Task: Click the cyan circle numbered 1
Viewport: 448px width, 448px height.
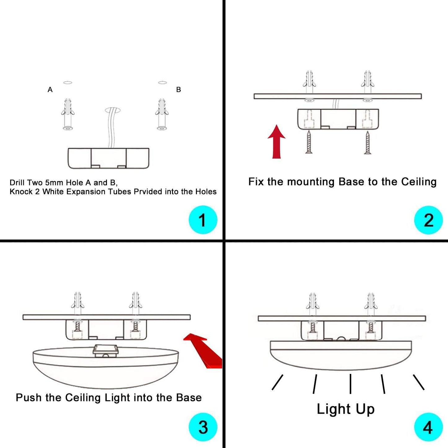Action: coord(203,220)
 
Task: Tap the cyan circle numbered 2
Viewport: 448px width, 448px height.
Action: coord(428,220)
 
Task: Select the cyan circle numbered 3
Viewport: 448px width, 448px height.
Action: coord(203,427)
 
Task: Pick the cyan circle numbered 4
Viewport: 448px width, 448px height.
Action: coord(428,427)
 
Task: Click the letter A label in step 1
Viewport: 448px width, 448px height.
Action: coord(50,90)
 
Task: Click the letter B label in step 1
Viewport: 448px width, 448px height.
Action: coord(179,90)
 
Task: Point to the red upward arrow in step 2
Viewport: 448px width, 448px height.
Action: coord(277,142)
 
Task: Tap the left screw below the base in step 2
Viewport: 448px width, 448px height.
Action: coord(309,142)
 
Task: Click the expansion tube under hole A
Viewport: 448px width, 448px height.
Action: coord(68,114)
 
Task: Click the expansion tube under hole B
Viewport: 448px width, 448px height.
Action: coord(162,114)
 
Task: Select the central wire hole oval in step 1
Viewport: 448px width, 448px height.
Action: coord(113,110)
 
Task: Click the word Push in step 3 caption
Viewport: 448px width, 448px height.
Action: coord(29,397)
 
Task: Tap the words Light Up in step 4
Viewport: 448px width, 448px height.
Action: coord(345,409)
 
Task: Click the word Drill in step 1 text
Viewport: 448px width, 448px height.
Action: coord(17,183)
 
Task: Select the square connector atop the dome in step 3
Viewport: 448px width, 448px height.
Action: coord(106,351)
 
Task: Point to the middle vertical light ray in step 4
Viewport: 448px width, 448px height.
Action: coord(350,384)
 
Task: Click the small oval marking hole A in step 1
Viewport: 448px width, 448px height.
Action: coord(68,82)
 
